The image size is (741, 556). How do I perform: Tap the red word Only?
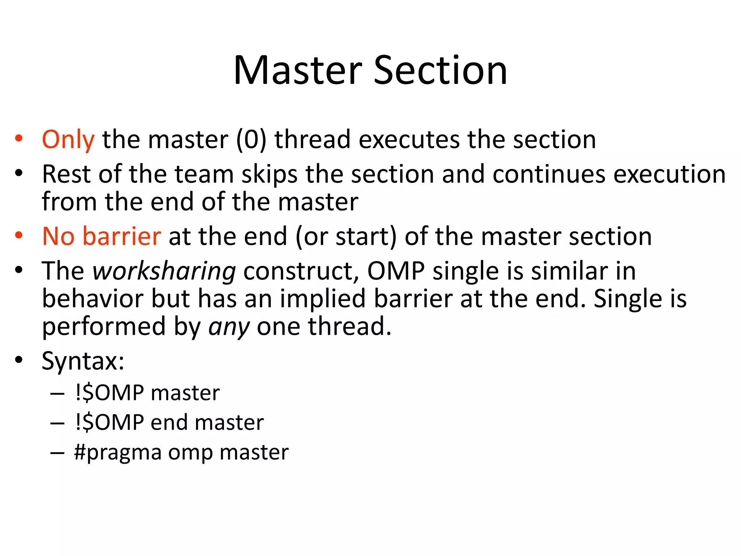pos(68,140)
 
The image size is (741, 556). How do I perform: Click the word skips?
pos(270,174)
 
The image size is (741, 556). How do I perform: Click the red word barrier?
pos(122,236)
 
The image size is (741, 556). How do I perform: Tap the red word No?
pos(58,236)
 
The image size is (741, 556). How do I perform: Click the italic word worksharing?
pos(164,271)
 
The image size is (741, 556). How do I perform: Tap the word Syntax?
pos(83,361)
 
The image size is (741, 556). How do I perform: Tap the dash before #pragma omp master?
pos(57,453)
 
